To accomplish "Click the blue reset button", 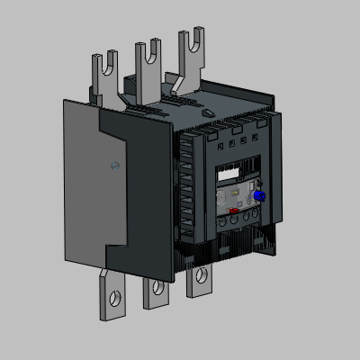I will click(x=259, y=195).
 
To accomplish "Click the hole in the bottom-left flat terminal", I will click(x=114, y=295).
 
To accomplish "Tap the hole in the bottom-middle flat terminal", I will click(x=157, y=288).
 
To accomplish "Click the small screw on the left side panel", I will click(x=112, y=166).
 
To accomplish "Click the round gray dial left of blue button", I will click(x=244, y=193).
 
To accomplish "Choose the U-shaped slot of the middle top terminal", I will click(x=148, y=49).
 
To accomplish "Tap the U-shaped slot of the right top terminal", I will click(x=190, y=40).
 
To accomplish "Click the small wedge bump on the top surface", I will click(x=208, y=113).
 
